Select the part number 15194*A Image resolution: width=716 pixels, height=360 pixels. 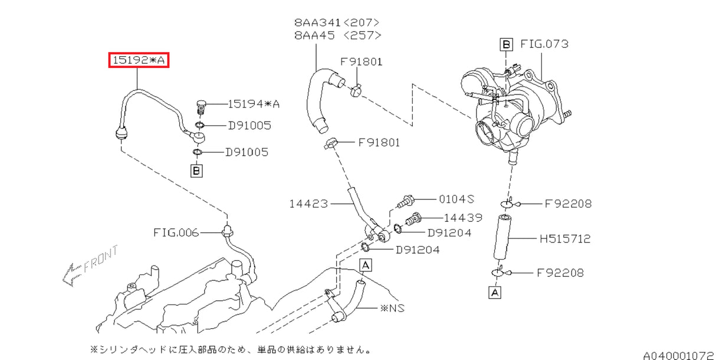point(254,104)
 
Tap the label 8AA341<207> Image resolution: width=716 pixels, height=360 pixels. point(337,22)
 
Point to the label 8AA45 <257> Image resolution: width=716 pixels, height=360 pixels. point(337,35)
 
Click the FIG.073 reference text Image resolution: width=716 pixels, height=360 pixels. point(544,44)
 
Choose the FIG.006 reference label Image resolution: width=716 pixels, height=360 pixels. point(177,233)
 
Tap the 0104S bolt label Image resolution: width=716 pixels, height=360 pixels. point(456,199)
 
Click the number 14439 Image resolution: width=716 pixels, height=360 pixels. point(463,217)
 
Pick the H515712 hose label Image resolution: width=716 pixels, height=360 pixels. point(564,239)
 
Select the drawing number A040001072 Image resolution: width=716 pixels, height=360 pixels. point(678,355)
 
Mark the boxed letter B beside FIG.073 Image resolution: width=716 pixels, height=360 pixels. point(505,44)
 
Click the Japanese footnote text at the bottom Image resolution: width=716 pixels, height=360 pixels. point(230,349)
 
